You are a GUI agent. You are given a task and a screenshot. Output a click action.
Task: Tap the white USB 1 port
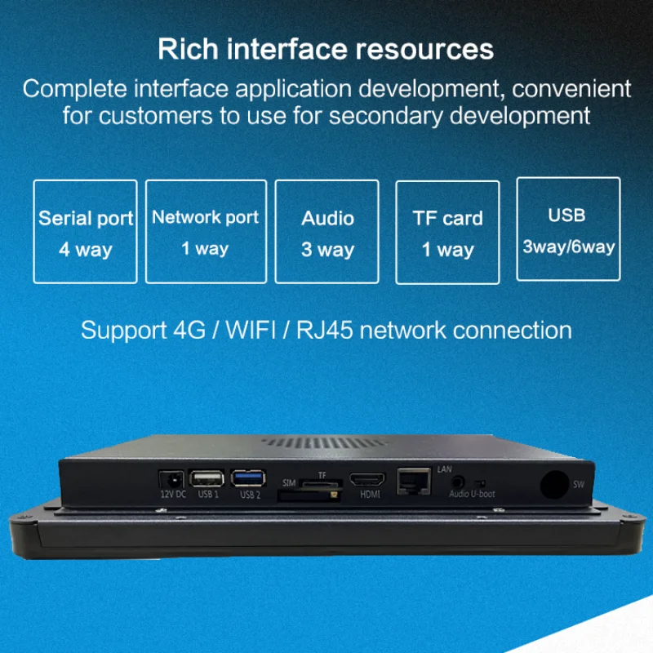(204, 479)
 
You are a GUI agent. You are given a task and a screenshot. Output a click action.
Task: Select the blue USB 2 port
(245, 479)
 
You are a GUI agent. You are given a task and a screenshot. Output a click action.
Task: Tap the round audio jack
(457, 482)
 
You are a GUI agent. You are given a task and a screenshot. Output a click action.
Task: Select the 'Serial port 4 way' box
(86, 233)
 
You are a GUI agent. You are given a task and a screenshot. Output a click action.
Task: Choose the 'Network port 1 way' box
(205, 231)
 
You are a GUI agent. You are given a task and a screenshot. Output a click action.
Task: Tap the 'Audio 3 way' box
(327, 232)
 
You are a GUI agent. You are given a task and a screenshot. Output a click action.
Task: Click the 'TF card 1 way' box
(447, 233)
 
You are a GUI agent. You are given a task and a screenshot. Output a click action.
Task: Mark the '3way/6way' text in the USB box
(569, 247)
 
